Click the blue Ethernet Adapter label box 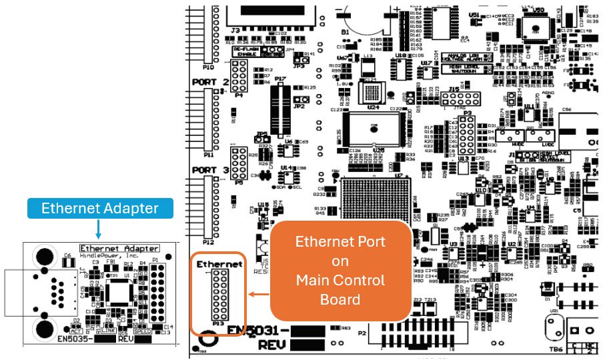[100, 209]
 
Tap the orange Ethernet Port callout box [340, 270]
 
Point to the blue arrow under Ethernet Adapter [99, 229]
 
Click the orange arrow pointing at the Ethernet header [257, 292]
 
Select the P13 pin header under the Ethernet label [218, 297]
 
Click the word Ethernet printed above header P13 [219, 265]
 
